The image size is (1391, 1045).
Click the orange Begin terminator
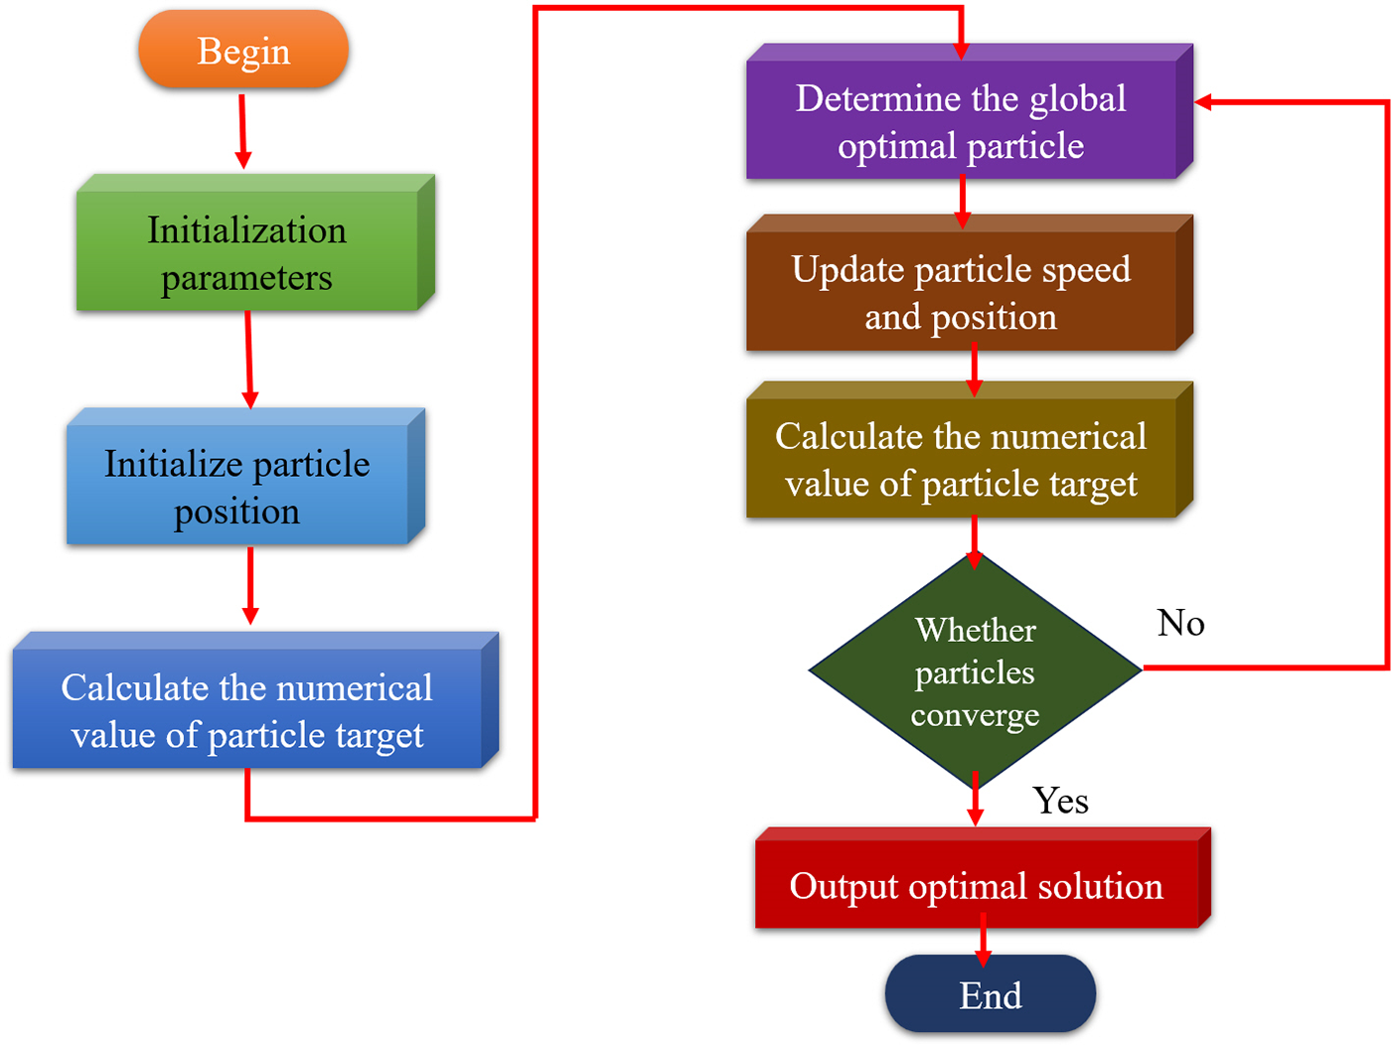243,50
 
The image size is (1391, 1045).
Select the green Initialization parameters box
255,242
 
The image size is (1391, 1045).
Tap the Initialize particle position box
245,476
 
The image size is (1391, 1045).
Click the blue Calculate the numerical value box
255,700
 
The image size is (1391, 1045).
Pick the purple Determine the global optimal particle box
970,111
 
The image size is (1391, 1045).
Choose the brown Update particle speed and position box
970,282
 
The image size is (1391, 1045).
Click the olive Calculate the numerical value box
970,450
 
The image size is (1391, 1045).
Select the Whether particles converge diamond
976,671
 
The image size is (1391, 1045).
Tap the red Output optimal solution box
983,878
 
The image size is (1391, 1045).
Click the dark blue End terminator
991,994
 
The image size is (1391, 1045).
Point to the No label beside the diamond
1180,623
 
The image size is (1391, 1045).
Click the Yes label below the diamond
1060,801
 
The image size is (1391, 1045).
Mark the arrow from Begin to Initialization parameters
242,132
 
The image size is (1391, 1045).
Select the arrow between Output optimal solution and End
984,941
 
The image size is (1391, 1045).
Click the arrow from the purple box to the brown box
963,202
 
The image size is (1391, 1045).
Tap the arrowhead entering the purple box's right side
1203,102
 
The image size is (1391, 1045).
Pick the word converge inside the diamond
976,716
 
